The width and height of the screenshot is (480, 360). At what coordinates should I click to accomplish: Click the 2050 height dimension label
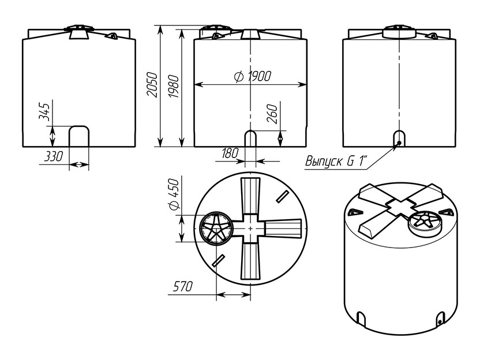(x=152, y=85)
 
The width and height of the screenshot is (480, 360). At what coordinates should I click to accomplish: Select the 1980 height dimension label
(x=174, y=86)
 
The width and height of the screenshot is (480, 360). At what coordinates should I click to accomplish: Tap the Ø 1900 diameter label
(x=253, y=76)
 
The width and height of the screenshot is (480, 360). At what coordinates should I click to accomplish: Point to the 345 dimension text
(x=44, y=112)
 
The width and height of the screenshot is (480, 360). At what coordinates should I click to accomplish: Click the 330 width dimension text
(x=53, y=156)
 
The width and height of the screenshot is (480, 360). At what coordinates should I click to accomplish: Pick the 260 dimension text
(x=272, y=114)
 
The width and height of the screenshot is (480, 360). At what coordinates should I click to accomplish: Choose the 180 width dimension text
(x=230, y=153)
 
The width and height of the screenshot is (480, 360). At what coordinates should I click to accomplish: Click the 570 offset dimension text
(x=183, y=287)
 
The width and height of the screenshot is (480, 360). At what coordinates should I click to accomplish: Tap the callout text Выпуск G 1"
(x=336, y=161)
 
